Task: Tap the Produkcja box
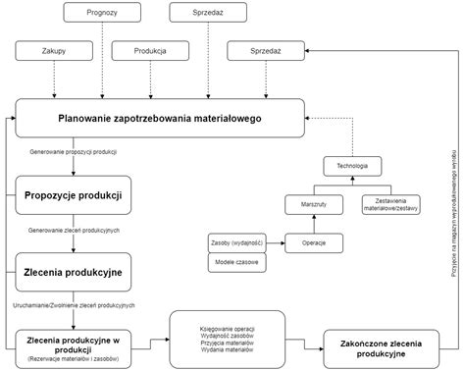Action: click(x=150, y=50)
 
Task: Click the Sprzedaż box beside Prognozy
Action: click(x=207, y=13)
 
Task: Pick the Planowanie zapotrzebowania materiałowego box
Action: click(x=158, y=120)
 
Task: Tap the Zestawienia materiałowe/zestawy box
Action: click(x=390, y=205)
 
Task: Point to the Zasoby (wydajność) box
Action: click(x=234, y=241)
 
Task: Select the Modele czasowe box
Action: click(x=234, y=263)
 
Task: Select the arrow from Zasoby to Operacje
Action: click(x=274, y=241)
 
